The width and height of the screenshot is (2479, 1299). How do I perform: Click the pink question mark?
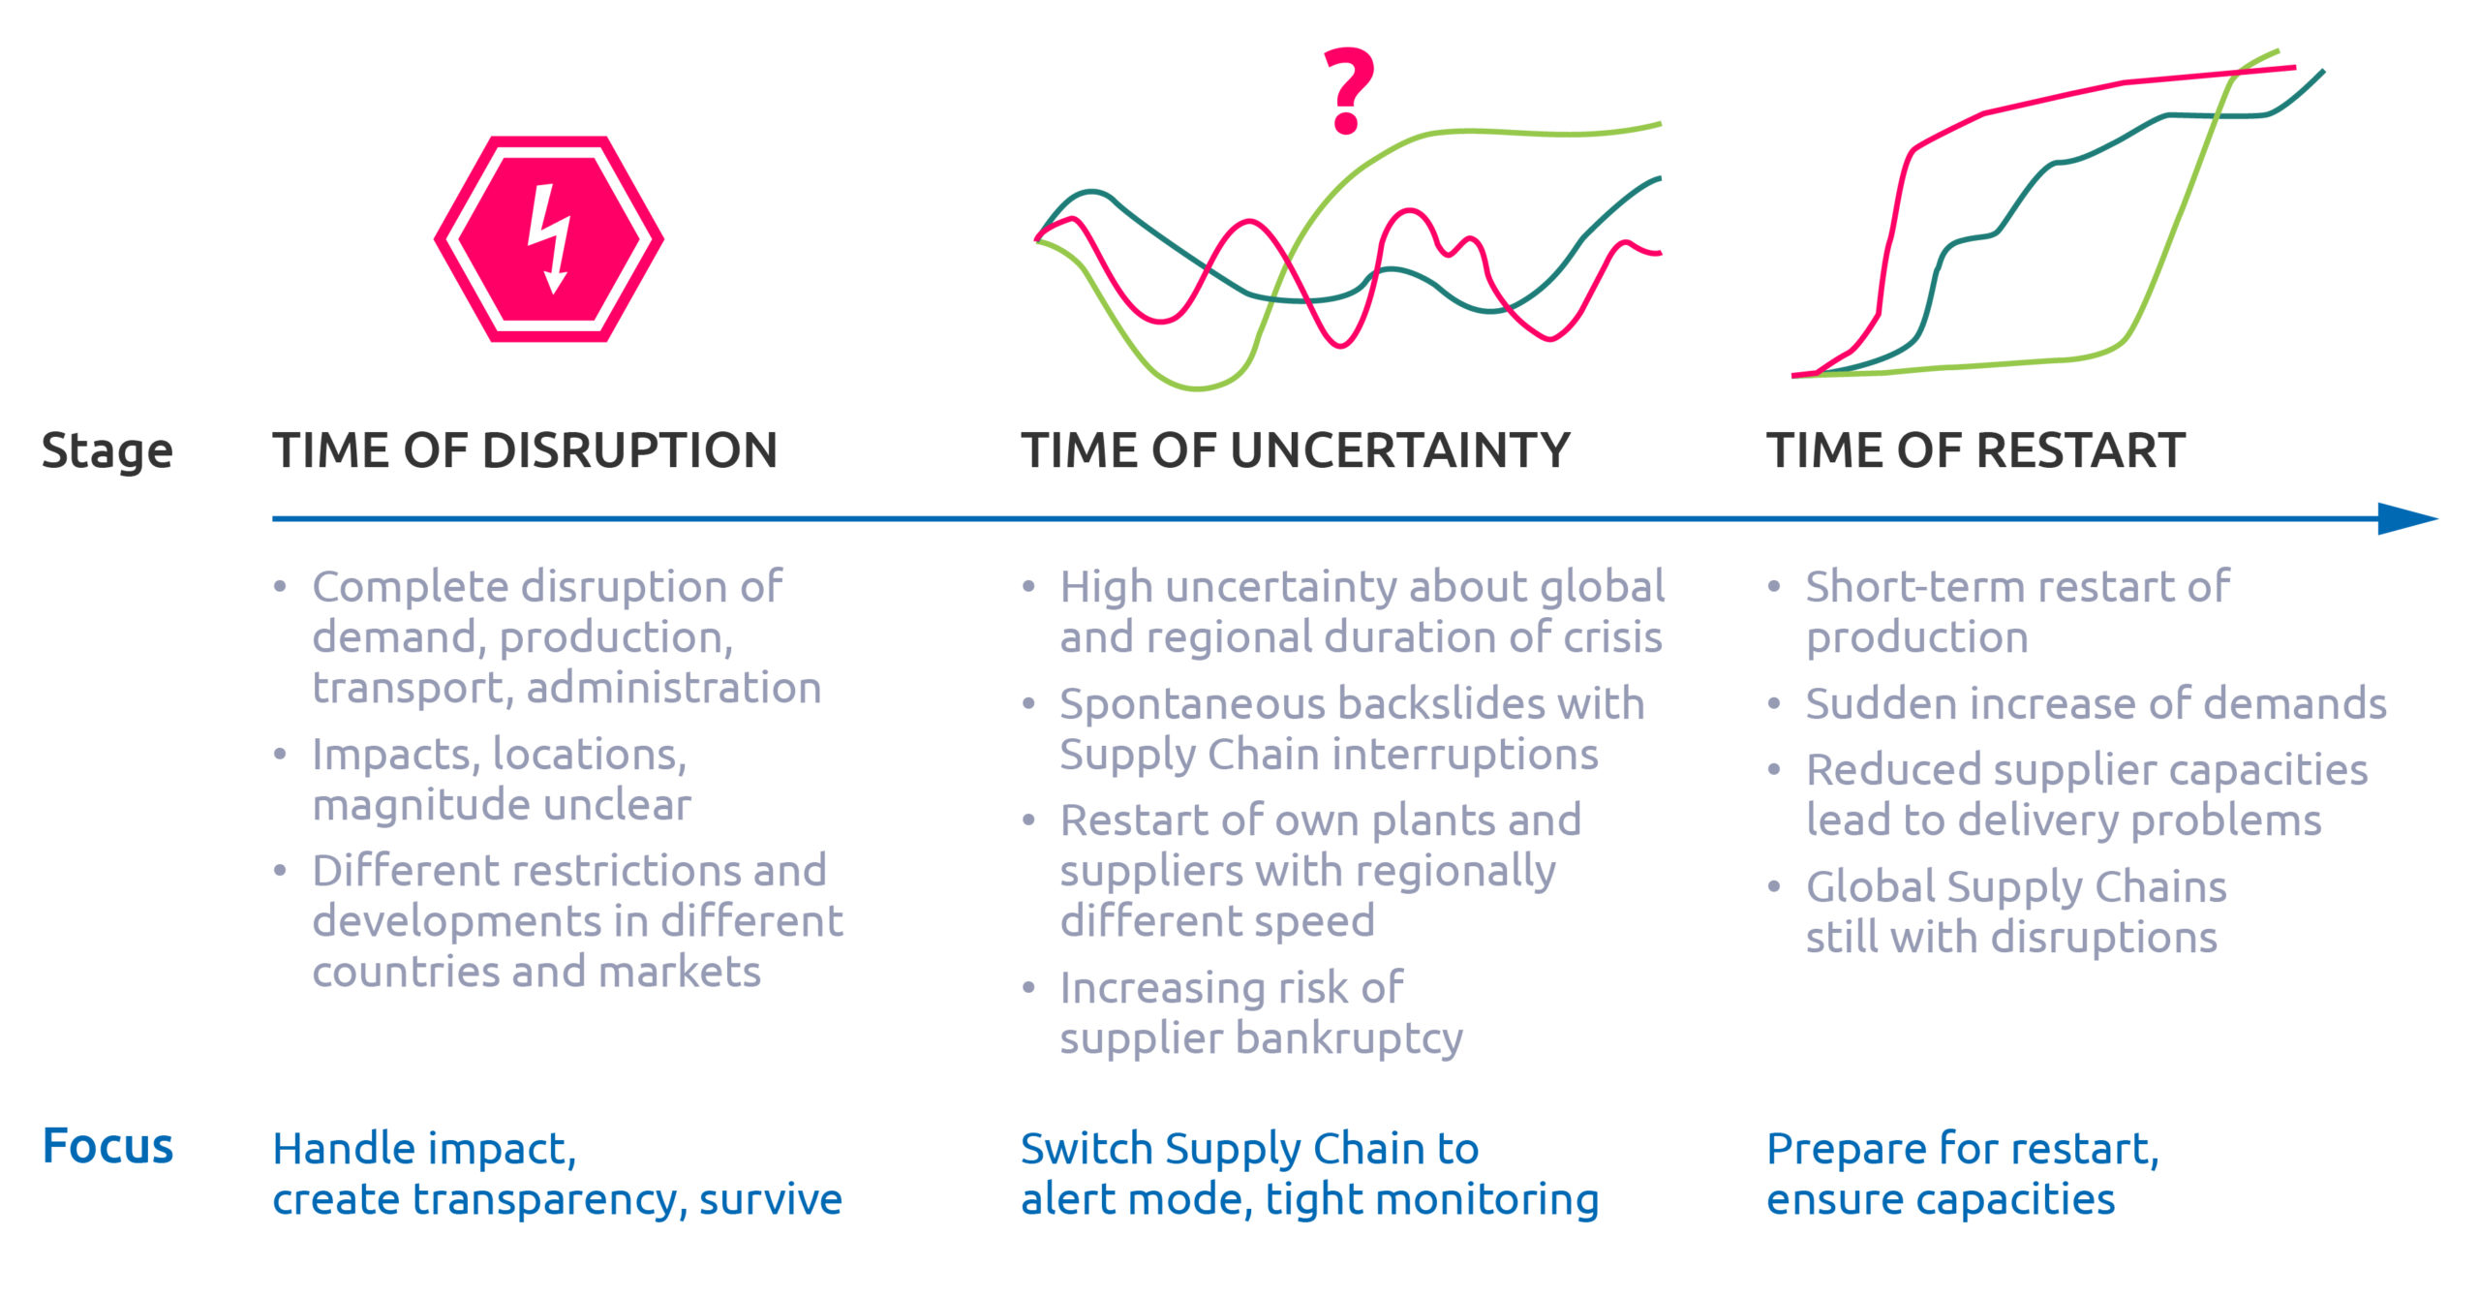click(x=1348, y=89)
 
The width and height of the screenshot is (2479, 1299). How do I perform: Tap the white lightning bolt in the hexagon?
click(x=549, y=238)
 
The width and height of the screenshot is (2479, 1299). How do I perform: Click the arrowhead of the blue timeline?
click(x=2407, y=518)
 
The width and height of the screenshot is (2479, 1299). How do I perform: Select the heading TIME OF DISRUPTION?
click(x=525, y=450)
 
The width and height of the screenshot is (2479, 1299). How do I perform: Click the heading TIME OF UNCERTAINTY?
click(x=1296, y=450)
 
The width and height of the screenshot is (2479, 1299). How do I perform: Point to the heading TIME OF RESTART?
click(x=1975, y=450)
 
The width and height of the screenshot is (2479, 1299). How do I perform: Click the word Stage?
click(x=107, y=451)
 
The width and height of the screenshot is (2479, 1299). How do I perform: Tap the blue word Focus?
click(x=107, y=1146)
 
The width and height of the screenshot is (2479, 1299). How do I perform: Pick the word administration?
click(x=674, y=688)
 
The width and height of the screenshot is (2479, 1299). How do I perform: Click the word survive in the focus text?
click(x=771, y=1199)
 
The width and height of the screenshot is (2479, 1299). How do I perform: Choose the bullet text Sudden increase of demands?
click(x=2096, y=703)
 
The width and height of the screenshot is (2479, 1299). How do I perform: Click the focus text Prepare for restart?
click(x=1963, y=1150)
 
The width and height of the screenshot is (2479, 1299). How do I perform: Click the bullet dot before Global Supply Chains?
click(x=1774, y=886)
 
